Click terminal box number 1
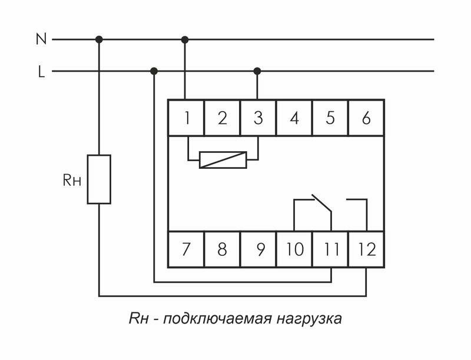click(186, 118)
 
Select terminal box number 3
click(258, 118)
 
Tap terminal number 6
click(366, 118)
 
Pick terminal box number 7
click(186, 249)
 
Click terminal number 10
click(294, 249)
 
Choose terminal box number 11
click(330, 249)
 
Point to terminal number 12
click(366, 249)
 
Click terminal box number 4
click(294, 118)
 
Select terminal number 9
click(258, 249)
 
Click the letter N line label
click(41, 39)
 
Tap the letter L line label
click(41, 72)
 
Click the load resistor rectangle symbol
click(99, 179)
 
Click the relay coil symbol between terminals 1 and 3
click(222, 159)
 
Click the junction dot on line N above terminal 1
click(185, 39)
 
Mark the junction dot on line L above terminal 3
click(257, 71)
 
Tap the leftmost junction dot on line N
click(99, 39)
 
